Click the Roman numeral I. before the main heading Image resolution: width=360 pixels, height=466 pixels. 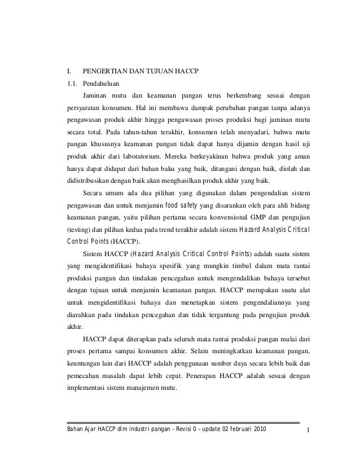[69, 72]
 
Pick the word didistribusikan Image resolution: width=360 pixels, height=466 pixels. [93, 181]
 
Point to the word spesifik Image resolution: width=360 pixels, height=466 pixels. [185, 265]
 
